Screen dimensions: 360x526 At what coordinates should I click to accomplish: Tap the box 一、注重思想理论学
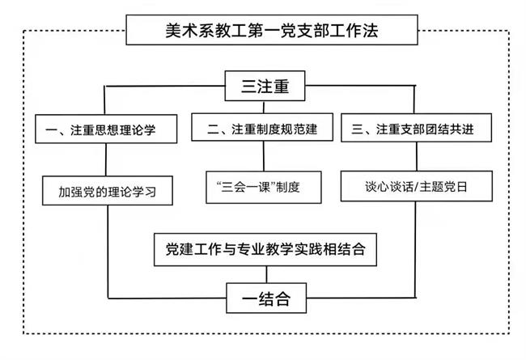click(107, 129)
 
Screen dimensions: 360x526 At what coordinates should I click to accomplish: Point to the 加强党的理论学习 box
click(107, 193)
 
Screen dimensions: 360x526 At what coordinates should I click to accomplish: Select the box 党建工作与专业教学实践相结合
click(264, 249)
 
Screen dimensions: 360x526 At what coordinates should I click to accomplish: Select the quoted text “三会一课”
click(243, 187)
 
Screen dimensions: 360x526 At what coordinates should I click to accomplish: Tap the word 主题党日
click(445, 187)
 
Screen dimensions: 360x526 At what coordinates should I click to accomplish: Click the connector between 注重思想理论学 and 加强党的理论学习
click(107, 160)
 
